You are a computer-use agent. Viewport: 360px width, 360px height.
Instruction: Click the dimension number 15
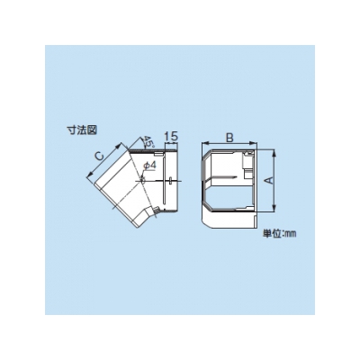(171, 136)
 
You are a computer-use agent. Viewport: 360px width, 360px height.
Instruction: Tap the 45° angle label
(148, 141)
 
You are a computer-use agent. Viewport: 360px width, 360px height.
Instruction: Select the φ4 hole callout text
(149, 166)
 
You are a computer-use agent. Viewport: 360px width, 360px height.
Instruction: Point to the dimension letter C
(99, 156)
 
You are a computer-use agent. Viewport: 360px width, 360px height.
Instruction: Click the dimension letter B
(229, 138)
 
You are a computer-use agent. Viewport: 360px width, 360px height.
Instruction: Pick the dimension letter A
(269, 180)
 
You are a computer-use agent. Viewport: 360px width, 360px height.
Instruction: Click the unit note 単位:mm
(280, 234)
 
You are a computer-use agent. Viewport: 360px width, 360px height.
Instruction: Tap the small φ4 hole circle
(142, 180)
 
